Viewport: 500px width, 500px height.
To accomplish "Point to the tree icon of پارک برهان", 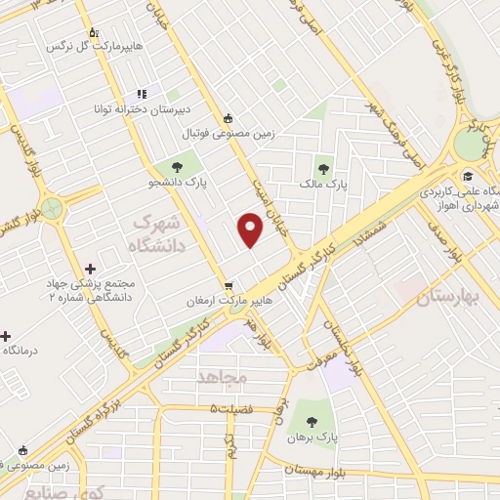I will [x=312, y=422].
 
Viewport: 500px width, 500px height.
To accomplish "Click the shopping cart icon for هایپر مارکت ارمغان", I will [x=229, y=286].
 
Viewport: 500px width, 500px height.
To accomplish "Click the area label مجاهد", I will [x=224, y=376].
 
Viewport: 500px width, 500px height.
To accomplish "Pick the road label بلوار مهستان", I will [x=316, y=471].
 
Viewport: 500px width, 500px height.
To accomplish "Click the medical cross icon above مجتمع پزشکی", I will [x=91, y=268].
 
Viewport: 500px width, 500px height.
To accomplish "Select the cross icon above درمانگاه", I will [x=6, y=335].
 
